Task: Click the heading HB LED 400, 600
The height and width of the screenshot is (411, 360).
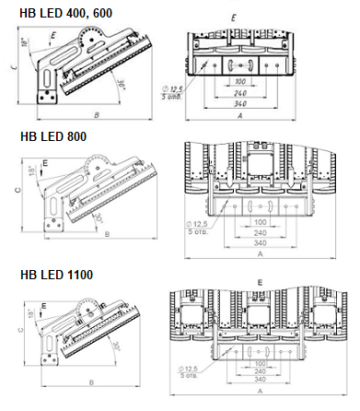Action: point(56,9)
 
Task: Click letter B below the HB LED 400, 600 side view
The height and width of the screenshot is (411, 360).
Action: point(96,114)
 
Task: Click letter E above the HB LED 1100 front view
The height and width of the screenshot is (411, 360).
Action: point(261,280)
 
